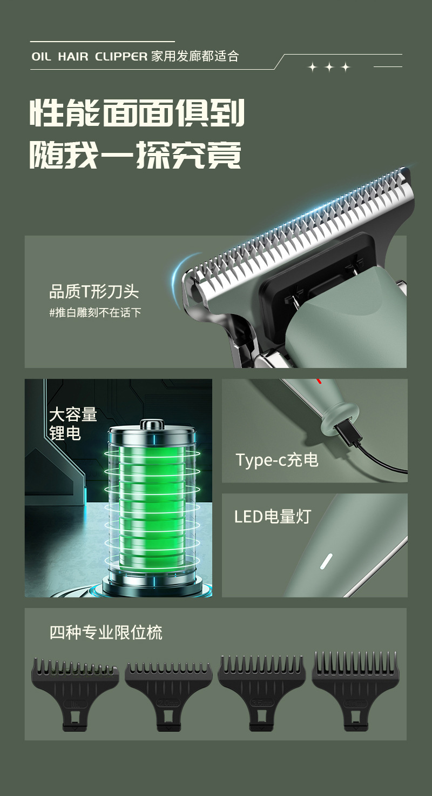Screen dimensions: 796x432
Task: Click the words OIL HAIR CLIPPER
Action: click(89, 57)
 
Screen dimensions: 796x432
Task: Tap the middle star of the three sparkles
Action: click(329, 67)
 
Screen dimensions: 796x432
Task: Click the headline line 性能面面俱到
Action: click(137, 112)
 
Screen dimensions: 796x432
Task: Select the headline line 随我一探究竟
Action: click(135, 155)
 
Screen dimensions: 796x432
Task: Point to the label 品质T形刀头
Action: click(94, 292)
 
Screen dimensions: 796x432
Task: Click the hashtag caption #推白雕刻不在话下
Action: click(95, 312)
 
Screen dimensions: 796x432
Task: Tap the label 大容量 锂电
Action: click(72, 424)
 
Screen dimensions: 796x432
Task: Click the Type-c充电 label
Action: click(276, 460)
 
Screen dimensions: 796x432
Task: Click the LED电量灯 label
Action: click(273, 516)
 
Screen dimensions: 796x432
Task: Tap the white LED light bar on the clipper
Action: click(325, 560)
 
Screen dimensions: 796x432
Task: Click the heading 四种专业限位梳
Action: click(106, 632)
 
